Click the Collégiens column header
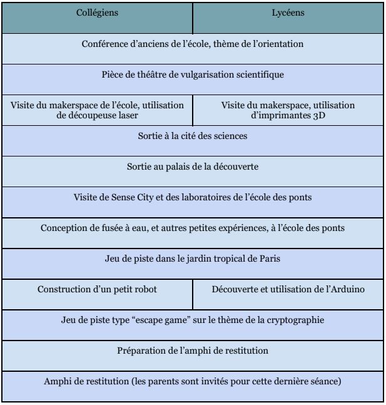[x=97, y=13]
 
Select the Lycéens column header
[x=288, y=13]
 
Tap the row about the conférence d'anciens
[x=193, y=44]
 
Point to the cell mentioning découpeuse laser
[x=97, y=110]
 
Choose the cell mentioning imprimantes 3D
[x=288, y=110]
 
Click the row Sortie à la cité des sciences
[x=193, y=136]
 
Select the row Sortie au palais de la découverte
[x=193, y=167]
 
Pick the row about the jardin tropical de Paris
[x=193, y=259]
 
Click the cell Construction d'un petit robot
[x=97, y=289]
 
